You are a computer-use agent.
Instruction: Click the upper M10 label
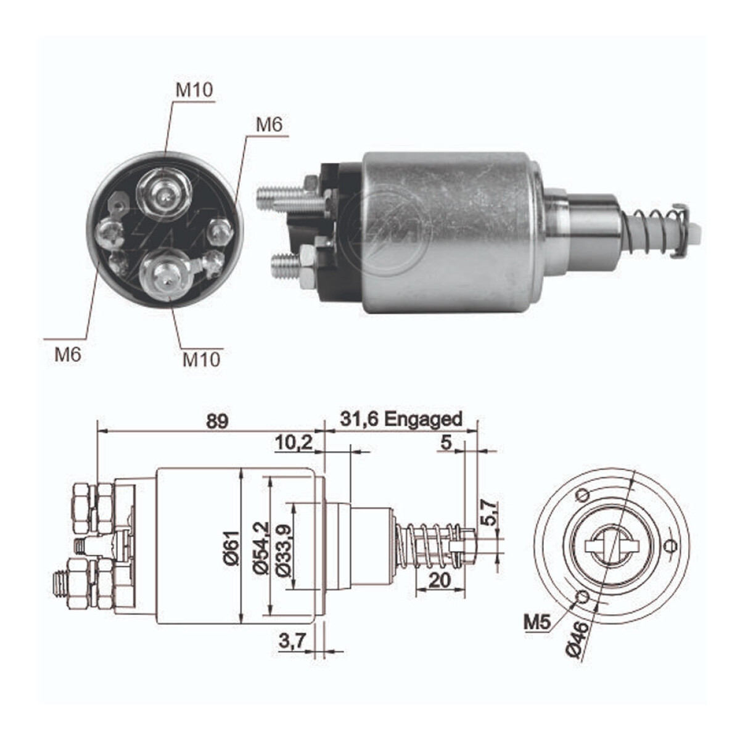click(x=194, y=90)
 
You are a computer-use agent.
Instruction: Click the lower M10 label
click(x=201, y=360)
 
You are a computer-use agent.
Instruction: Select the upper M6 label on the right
click(x=269, y=125)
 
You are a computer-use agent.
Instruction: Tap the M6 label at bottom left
click(x=68, y=354)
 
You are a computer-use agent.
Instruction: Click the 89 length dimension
click(x=217, y=421)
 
